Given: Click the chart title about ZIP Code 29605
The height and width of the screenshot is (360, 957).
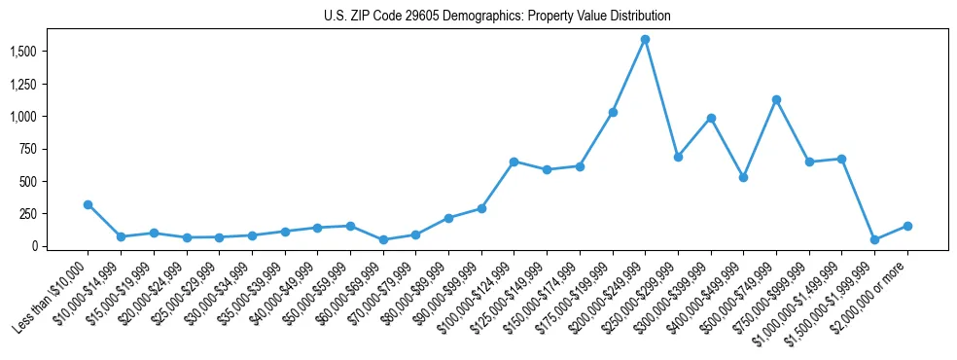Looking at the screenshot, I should [497, 16].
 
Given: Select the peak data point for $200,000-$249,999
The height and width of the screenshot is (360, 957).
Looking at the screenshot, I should [645, 40].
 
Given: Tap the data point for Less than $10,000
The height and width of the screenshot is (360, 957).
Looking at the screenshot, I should [88, 204].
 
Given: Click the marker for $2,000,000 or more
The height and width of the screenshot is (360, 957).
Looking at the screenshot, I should [907, 226].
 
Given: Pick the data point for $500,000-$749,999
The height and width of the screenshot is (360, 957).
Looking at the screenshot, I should [776, 99].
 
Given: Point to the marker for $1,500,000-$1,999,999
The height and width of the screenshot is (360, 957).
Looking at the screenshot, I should [874, 239].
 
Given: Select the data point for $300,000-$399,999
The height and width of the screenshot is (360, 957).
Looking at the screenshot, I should [711, 118].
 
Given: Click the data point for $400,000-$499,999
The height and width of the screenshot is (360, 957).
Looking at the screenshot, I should [743, 177].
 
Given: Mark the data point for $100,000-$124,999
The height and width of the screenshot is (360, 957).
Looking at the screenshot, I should [514, 162].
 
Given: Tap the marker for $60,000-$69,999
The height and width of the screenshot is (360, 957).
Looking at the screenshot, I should [383, 239].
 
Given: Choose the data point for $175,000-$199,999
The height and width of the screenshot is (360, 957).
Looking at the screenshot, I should [613, 112].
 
